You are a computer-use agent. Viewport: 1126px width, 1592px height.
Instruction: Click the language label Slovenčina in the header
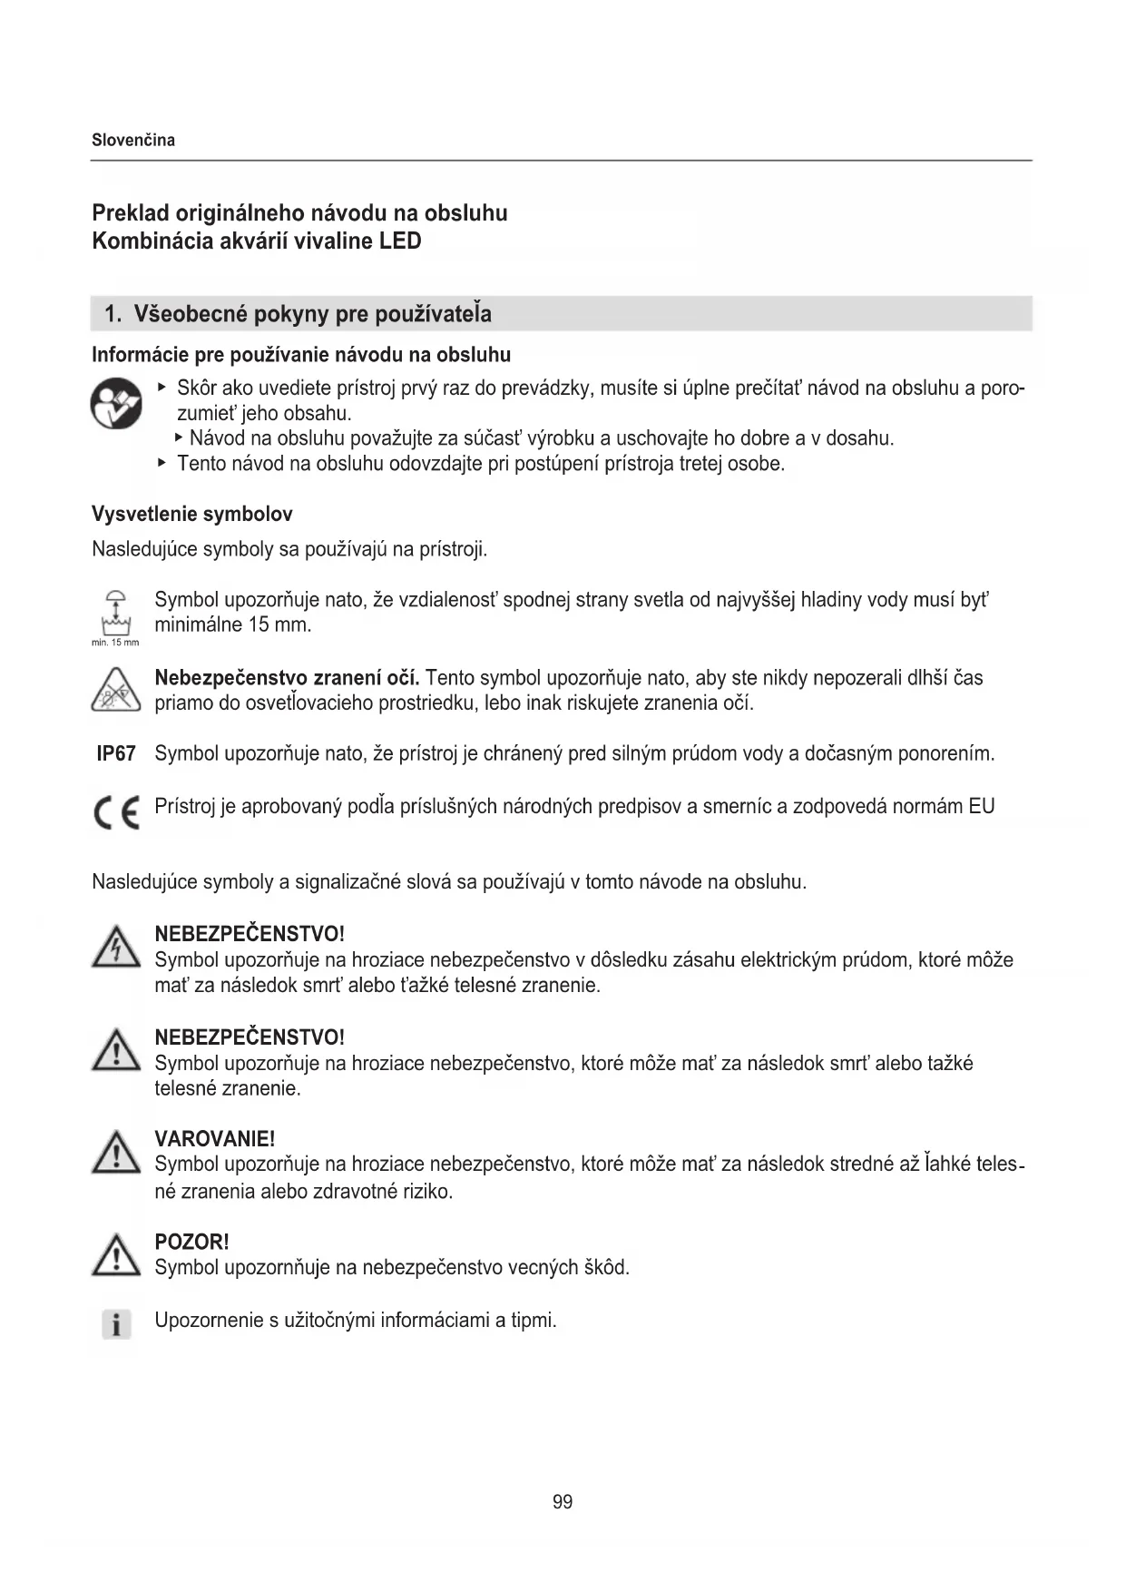click(133, 141)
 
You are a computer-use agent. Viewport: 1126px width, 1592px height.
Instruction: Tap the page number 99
click(563, 1502)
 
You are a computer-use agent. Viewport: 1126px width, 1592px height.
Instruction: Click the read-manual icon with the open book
click(116, 405)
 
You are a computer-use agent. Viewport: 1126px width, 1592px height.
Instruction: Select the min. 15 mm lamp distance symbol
click(116, 615)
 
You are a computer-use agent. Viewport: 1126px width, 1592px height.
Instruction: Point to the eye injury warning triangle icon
click(116, 690)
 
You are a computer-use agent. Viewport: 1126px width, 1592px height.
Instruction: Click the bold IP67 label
click(116, 754)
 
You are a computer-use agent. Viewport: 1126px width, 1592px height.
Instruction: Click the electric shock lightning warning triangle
click(116, 948)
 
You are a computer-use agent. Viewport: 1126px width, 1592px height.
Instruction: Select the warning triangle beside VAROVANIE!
click(116, 1154)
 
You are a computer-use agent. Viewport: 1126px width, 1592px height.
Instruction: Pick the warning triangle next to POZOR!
click(116, 1257)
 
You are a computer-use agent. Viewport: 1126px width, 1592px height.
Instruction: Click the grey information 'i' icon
click(116, 1324)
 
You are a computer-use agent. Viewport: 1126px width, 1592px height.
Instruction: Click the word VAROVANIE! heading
click(214, 1139)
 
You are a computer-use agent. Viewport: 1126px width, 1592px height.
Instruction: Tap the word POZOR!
click(191, 1243)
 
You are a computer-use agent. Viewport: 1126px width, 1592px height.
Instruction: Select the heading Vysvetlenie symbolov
click(192, 515)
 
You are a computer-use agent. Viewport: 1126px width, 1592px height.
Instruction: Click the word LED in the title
click(400, 241)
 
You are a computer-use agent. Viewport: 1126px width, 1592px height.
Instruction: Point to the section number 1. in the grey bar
click(113, 315)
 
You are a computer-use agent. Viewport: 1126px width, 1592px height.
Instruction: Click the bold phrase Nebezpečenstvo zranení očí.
click(287, 678)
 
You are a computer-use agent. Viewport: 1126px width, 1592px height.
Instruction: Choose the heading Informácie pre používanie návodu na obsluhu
click(301, 355)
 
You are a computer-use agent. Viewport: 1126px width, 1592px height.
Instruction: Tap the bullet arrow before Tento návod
click(162, 463)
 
